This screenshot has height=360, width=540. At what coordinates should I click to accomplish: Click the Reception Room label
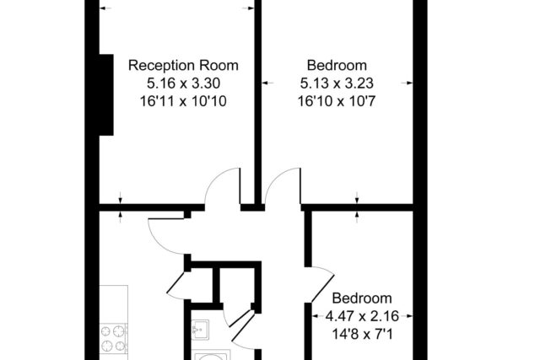pos(183,66)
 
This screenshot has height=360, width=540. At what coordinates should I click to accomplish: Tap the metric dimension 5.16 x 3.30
pos(184,83)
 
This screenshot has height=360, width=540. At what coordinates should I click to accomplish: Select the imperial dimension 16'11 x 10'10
pos(183,101)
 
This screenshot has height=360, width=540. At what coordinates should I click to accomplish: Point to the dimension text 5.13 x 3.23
pos(337,83)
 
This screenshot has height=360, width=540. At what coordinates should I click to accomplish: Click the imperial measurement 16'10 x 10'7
pos(337,101)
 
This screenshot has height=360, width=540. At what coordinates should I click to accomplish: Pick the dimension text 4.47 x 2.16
pos(362,316)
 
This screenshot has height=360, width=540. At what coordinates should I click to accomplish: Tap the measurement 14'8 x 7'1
pos(362,334)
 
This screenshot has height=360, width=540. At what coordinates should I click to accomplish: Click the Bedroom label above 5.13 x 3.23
pos(337,66)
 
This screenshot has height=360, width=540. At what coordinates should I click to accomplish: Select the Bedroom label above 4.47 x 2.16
pos(362,298)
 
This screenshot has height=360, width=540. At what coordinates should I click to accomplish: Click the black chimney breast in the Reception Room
pos(106,94)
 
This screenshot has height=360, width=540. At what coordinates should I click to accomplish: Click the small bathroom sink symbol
pos(200,330)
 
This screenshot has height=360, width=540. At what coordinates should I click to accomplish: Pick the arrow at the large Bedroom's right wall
pos(407,83)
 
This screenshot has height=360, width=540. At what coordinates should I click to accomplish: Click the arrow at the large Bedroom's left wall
pos(267,83)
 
